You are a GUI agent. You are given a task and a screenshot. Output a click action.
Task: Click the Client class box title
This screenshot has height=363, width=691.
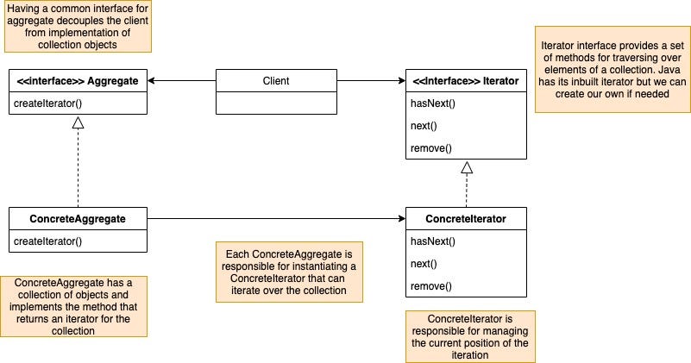pyautogui.click(x=275, y=81)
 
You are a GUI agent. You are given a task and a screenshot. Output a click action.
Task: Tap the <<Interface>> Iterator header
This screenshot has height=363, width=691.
pyautogui.click(x=466, y=81)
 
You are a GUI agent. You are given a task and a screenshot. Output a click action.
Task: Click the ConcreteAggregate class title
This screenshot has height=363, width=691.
pyautogui.click(x=78, y=219)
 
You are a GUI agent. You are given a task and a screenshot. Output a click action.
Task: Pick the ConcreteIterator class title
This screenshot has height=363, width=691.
pyautogui.click(x=466, y=219)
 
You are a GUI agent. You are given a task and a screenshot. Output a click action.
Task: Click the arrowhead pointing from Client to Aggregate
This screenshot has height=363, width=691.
pyautogui.click(x=153, y=81)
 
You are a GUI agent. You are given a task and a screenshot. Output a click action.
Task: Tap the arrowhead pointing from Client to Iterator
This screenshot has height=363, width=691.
pyautogui.click(x=400, y=81)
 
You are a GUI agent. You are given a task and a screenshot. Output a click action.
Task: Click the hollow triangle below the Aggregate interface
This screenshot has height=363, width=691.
pyautogui.click(x=78, y=123)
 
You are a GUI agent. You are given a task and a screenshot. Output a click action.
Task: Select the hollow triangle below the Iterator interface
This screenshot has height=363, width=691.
pyautogui.click(x=466, y=167)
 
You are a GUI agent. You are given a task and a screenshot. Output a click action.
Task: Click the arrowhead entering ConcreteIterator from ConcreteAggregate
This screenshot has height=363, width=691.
pyautogui.click(x=400, y=219)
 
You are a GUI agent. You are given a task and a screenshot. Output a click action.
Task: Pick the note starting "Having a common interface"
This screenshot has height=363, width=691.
pyautogui.click(x=78, y=26)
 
